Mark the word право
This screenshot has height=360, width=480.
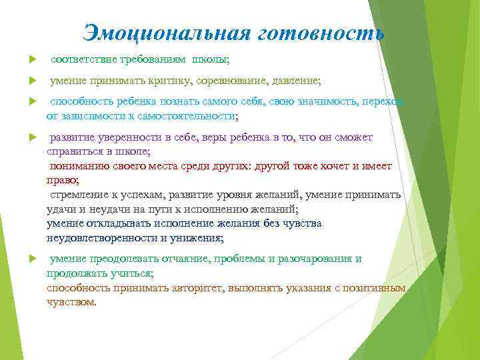point(62,180)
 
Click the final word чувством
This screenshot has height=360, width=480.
point(71,301)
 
